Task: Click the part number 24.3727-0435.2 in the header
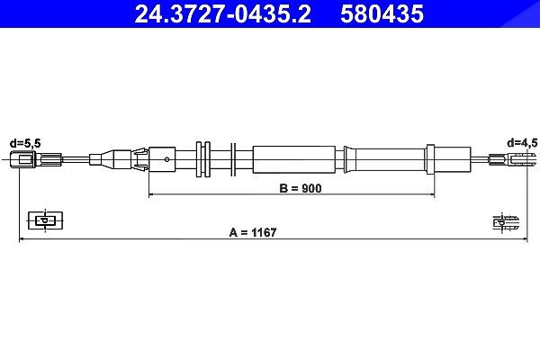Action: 222,13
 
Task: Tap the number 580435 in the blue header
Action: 382,13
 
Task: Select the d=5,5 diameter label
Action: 25,143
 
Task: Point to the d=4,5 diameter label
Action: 522,142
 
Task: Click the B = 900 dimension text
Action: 301,188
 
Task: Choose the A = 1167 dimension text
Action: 253,232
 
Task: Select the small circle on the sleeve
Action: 167,159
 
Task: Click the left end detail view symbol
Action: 46,220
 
